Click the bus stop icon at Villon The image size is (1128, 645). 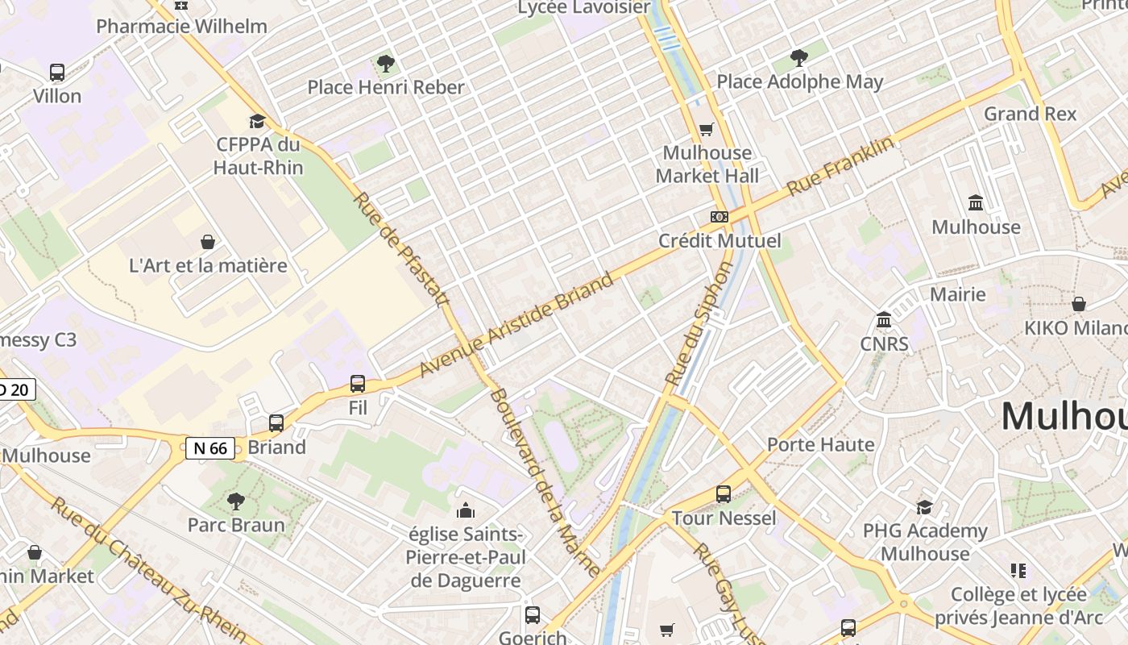[x=56, y=73]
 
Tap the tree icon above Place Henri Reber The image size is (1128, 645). [x=386, y=63]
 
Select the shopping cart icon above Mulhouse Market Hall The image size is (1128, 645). [x=707, y=129]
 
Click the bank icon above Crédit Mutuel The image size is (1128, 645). [x=720, y=217]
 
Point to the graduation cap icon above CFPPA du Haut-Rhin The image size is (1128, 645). [x=257, y=121]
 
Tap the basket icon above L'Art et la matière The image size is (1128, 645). [x=208, y=242]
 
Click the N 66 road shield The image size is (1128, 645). [x=210, y=448]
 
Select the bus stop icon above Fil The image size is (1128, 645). [x=358, y=384]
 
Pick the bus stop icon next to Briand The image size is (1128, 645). [x=276, y=423]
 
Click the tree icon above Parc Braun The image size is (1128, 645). [x=236, y=501]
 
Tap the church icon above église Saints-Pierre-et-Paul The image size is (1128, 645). [x=466, y=510]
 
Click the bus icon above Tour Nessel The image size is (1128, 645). [x=724, y=494]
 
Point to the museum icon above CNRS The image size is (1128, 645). [x=884, y=320]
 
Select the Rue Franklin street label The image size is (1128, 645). [x=840, y=166]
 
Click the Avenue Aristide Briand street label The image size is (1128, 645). [x=516, y=326]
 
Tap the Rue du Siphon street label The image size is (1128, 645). [x=699, y=322]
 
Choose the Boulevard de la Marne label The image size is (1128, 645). [x=545, y=482]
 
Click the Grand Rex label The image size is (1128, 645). [x=1030, y=114]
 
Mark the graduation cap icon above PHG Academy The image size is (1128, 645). [x=925, y=507]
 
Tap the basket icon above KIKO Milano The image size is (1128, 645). [x=1078, y=304]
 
